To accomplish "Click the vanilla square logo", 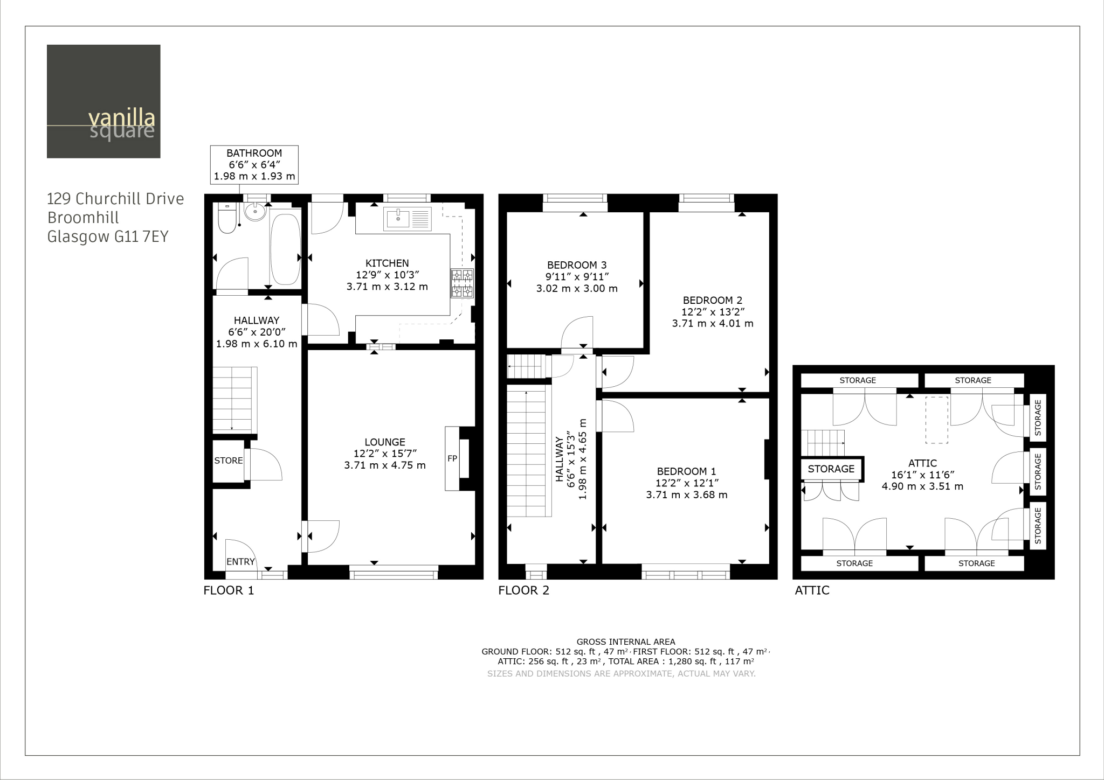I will coord(103,101).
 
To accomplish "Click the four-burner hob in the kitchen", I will coord(463,283).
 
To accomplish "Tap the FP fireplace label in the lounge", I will coord(452,458).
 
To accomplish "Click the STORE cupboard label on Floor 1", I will coord(229,461).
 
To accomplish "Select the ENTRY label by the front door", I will coord(240,562).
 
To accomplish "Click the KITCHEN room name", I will coord(387,263).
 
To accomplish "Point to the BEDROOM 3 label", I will coord(577,265).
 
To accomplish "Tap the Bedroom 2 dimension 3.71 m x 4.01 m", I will coord(713,324).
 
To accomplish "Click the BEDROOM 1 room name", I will coord(686,471).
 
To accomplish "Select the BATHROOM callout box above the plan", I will coord(254,164).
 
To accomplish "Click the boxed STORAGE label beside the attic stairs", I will coord(831,469).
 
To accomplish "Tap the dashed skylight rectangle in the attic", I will coord(937,420).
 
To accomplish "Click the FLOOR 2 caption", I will coord(523,590).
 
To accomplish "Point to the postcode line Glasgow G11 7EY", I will coord(108,237).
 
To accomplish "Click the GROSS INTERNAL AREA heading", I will coord(626,642).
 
